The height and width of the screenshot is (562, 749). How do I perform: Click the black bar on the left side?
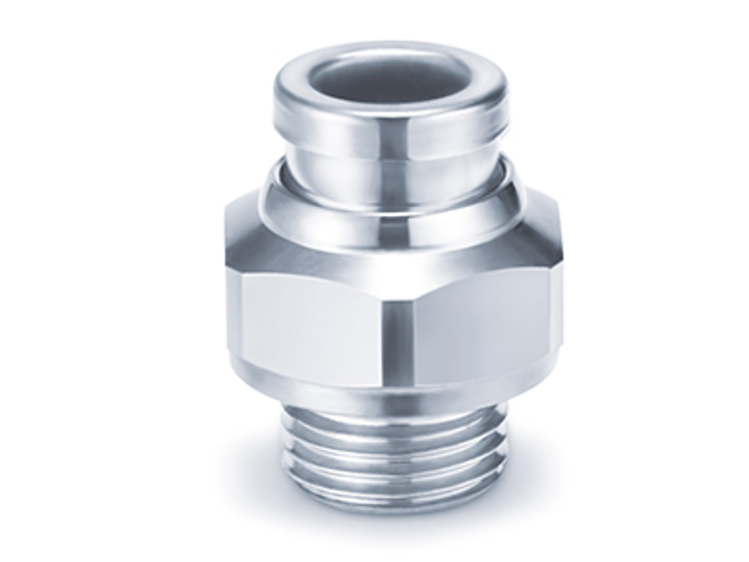click(x=59, y=281)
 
